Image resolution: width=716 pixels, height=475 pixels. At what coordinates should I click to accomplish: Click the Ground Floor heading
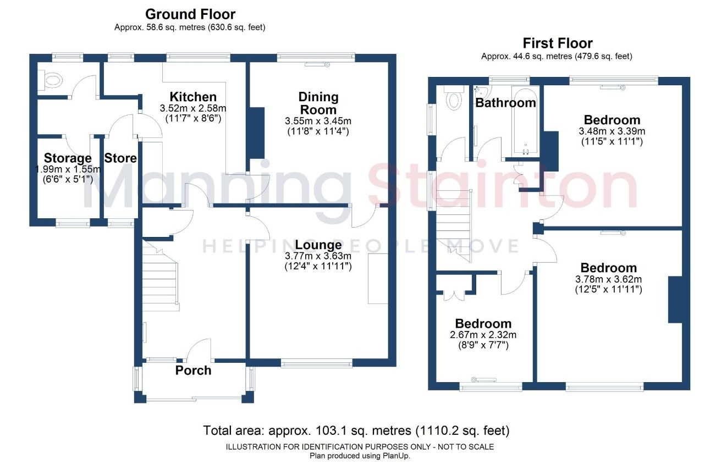tap(190, 14)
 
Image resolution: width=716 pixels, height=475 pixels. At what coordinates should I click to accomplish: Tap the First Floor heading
tap(558, 43)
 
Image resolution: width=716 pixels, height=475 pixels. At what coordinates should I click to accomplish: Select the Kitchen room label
tap(193, 97)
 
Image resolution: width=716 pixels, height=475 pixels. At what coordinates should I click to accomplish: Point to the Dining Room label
tap(318, 103)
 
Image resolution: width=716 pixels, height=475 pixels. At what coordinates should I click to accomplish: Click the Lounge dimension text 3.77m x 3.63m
tap(318, 256)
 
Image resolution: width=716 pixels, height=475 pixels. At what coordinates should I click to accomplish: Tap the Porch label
tap(194, 370)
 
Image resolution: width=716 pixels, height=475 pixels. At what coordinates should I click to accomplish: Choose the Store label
tap(120, 158)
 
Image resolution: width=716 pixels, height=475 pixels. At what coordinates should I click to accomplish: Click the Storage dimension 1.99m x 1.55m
tap(68, 169)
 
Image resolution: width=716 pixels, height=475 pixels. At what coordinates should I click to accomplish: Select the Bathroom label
tap(505, 103)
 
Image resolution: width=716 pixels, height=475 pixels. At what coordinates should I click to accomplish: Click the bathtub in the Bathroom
tap(526, 121)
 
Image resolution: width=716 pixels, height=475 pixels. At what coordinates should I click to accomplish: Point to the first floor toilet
tap(454, 97)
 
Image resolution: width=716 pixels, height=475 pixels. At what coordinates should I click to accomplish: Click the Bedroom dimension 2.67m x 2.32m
tap(483, 335)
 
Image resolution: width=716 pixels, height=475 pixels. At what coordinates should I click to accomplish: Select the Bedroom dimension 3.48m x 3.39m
tap(612, 131)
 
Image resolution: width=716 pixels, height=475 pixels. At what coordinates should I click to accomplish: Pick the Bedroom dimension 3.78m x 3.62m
tap(608, 279)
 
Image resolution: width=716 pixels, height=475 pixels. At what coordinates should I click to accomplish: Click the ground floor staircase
tap(161, 275)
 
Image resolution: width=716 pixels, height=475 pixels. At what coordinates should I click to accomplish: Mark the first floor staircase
tap(454, 226)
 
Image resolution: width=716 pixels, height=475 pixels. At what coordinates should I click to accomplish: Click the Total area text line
tap(356, 430)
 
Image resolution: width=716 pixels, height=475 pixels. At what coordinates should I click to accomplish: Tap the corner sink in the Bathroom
tap(481, 91)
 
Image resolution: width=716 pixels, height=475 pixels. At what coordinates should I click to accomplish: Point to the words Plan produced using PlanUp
tap(360, 456)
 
